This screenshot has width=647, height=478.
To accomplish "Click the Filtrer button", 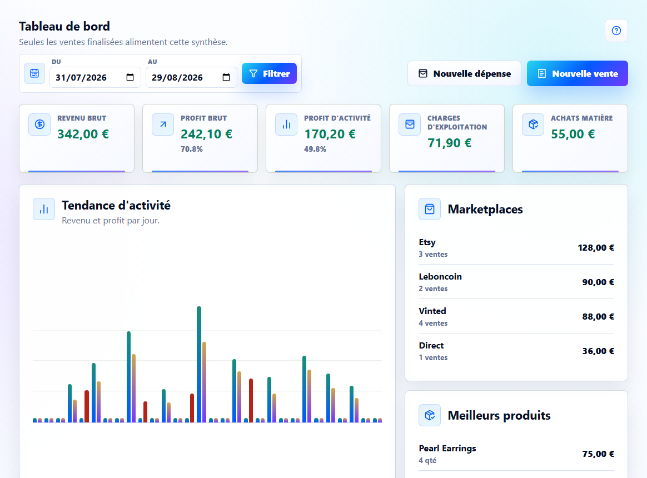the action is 269,73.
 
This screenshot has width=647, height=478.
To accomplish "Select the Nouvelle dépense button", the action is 464,73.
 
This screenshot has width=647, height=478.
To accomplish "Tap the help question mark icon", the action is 616,31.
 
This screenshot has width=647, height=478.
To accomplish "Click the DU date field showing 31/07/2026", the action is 95,78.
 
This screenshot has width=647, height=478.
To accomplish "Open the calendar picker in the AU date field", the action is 226,77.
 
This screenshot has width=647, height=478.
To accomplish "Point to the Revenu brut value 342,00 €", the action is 83,134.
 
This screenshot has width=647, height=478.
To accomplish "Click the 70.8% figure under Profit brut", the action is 191,149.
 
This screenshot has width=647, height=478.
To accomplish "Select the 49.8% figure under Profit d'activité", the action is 315,149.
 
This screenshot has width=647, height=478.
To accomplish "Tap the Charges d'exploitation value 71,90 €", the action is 449,143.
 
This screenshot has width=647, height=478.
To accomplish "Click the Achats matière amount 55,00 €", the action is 573,134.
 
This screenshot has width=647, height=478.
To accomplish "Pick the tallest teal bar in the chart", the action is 199,364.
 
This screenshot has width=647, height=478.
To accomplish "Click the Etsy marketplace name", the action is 427,242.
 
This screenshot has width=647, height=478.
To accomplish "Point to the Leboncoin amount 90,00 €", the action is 598,282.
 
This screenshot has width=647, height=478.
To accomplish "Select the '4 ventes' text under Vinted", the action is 433,323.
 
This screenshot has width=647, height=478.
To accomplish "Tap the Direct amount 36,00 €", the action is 598,351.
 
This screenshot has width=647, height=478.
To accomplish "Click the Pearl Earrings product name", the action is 447,449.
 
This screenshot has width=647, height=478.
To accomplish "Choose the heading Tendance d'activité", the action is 116,205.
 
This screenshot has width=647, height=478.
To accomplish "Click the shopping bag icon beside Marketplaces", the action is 430,209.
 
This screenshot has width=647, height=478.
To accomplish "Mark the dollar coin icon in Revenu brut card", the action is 39,125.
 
